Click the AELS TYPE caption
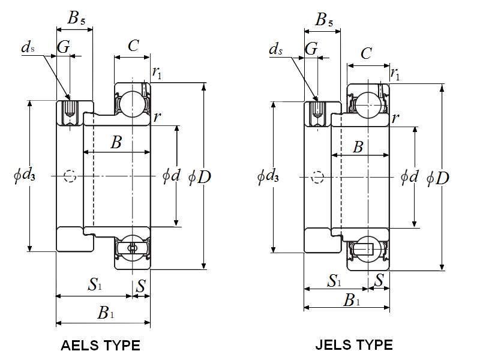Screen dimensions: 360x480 pos(101,346)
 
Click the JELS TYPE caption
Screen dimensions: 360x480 pos(354,345)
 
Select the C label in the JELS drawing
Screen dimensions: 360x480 pos(366,54)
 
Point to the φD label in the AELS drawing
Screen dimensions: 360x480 pos(200,176)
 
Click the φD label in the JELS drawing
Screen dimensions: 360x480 pos(438,178)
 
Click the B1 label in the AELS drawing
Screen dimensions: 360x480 pos(106,313)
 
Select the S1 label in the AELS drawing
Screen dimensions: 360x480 pos(95,284)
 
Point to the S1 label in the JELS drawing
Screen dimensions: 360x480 pos(335,280)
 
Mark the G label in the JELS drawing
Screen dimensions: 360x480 pos(311,49)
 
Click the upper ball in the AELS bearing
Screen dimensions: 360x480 pos(130,103)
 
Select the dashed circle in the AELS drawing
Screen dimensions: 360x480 pos(70,176)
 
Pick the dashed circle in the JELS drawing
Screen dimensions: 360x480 pos(318,176)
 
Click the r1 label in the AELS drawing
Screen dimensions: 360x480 pos(157,73)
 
